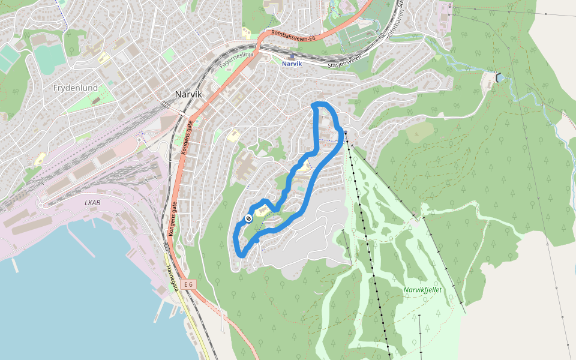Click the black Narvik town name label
tap(188, 94)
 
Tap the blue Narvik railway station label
tap(292, 64)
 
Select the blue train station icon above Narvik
tap(292, 56)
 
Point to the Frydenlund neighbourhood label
tap(76, 88)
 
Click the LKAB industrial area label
tap(92, 203)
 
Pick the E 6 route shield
tap(189, 284)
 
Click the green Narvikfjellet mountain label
tap(422, 290)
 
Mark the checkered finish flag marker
tap(248, 218)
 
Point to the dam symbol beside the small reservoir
tap(499, 77)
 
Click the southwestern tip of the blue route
tap(239, 255)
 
